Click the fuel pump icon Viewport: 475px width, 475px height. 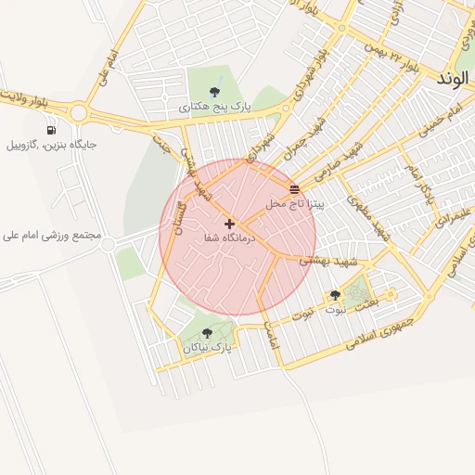click(49, 129)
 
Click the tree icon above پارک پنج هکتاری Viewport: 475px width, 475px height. click(215, 91)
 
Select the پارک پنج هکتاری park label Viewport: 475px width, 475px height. click(215, 108)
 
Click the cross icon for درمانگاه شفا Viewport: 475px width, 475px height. click(229, 224)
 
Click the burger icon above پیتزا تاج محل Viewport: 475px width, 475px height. click(294, 189)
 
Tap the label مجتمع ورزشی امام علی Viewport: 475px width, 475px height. click(51, 237)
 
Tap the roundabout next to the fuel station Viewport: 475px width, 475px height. click(78, 113)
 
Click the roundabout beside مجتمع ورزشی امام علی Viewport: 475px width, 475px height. click(109, 245)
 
